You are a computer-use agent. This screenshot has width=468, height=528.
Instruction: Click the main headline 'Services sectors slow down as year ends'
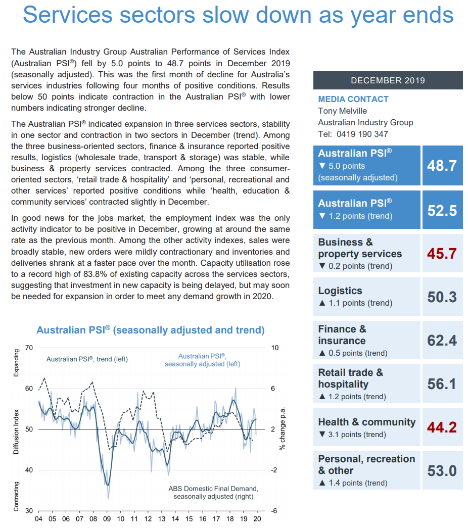coord(238,15)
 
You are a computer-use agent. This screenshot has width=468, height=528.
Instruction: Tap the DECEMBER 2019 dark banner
coord(388,80)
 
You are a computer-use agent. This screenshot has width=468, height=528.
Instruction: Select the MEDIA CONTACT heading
coord(353,99)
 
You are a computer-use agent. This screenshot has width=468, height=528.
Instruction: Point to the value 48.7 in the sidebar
coord(442,166)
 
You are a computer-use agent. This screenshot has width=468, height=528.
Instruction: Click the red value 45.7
coord(442,254)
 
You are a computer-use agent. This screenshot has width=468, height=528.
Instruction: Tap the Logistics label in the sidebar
coord(340,291)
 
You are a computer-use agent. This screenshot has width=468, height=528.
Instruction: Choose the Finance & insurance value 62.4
coord(442,341)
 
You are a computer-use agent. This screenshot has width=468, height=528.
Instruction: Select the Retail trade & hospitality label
coord(350,378)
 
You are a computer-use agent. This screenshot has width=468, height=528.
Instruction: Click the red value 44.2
coord(442,427)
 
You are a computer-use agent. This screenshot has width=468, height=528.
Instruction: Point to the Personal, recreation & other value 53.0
coord(442,471)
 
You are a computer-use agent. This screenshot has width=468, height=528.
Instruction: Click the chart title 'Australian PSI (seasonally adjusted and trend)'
coord(151,330)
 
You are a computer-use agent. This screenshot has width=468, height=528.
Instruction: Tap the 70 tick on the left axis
coord(29,348)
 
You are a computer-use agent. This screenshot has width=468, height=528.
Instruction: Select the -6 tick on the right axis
coord(273,511)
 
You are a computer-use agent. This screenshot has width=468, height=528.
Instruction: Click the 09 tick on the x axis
coord(107,519)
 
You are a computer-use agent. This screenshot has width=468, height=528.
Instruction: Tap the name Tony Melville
coord(342,111)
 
